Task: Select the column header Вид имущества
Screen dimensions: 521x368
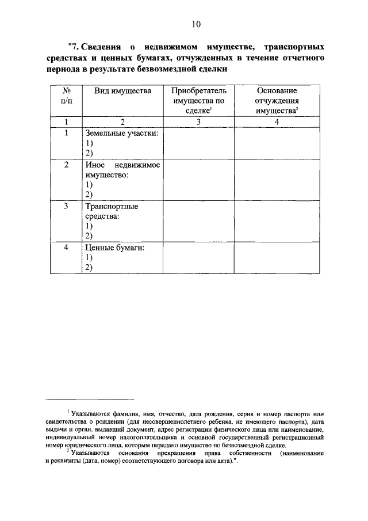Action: click(122, 91)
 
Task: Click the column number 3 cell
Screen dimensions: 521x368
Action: click(198, 122)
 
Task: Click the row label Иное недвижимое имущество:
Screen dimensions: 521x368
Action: click(122, 170)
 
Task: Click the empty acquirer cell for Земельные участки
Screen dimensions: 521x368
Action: click(198, 143)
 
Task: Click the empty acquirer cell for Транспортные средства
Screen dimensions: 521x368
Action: click(198, 221)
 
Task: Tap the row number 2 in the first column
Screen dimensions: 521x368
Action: click(66, 165)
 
